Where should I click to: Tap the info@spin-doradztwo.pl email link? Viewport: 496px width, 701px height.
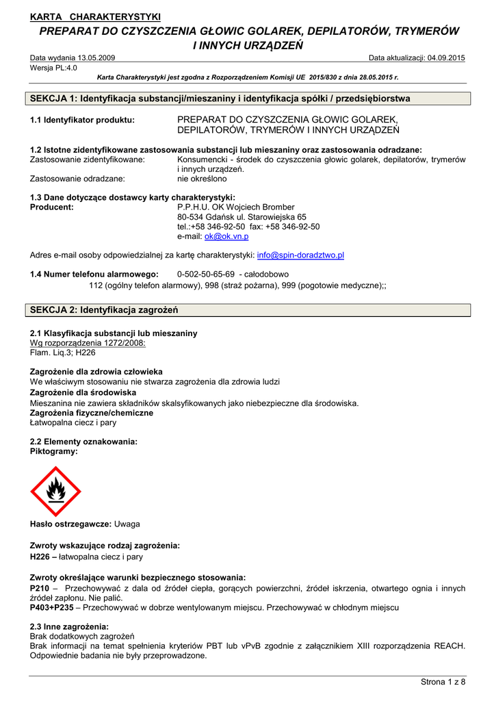pyautogui.click(x=300, y=255)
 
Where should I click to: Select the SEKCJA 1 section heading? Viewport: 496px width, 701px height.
pyautogui.click(x=220, y=99)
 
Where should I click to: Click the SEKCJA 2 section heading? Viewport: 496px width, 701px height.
pyautogui.click(x=104, y=310)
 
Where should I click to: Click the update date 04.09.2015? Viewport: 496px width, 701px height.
pyautogui.click(x=446, y=58)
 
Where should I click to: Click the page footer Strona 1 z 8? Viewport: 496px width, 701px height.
pyautogui.click(x=442, y=681)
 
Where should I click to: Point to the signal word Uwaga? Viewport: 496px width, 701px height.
pyautogui.click(x=127, y=524)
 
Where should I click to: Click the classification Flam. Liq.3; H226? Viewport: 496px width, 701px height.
pyautogui.click(x=63, y=353)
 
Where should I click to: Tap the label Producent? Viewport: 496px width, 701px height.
pyautogui.click(x=52, y=207)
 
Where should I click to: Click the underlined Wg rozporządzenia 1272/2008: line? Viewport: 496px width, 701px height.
pyautogui.click(x=88, y=343)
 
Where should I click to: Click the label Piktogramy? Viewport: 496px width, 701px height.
pyautogui.click(x=54, y=452)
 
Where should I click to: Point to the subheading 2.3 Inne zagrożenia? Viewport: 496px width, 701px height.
pyautogui.click(x=69, y=626)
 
